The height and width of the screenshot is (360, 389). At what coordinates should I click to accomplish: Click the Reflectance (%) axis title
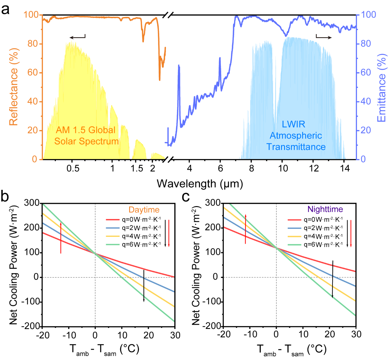click(14, 87)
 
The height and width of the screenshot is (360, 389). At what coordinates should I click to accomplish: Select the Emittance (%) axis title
click(381, 88)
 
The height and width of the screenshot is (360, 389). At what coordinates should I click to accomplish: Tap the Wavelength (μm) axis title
click(200, 184)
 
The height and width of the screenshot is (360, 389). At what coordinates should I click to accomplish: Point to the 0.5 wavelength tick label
click(73, 168)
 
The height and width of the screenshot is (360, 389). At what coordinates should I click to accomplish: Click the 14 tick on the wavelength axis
click(345, 168)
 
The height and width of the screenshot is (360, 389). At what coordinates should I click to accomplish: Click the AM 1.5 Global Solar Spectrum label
click(86, 135)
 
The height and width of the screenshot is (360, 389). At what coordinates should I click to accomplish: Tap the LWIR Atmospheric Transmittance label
click(296, 135)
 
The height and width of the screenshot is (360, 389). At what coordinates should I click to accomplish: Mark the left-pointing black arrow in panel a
click(77, 37)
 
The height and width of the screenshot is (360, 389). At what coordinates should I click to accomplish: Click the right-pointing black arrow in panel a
click(324, 37)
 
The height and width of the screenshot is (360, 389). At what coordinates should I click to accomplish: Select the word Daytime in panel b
click(144, 210)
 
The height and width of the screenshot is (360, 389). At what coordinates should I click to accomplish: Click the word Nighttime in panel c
click(325, 209)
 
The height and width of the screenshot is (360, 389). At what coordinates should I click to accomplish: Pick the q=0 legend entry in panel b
click(133, 220)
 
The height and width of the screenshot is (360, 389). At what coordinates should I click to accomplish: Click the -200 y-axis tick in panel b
click(31, 326)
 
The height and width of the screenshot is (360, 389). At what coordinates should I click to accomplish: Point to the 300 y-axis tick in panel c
click(213, 203)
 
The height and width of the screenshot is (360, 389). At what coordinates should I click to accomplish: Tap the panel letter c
click(186, 197)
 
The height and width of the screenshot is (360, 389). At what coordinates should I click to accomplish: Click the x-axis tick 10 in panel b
click(122, 335)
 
